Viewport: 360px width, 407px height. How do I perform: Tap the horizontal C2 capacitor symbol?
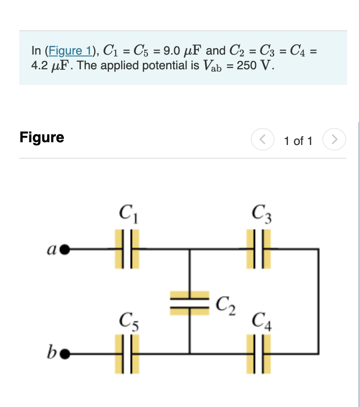(x=189, y=303)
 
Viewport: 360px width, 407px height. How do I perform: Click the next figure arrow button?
(x=334, y=139)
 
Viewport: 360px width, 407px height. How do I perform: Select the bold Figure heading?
(x=42, y=137)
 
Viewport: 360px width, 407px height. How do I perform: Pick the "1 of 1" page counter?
(x=298, y=141)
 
